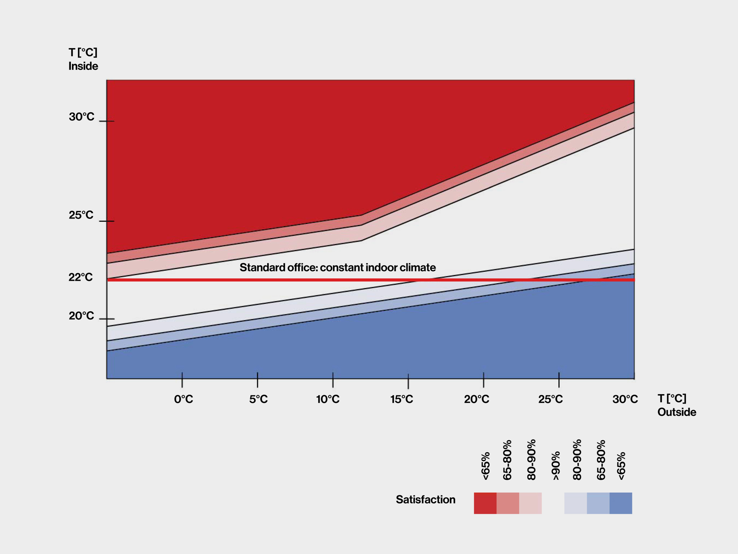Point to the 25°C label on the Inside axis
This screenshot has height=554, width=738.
tap(81, 215)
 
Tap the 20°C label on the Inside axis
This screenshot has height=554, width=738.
tap(81, 316)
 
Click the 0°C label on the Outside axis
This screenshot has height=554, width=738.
tap(184, 399)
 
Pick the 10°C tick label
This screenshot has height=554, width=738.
tap(328, 399)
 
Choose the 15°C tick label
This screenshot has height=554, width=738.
tap(402, 399)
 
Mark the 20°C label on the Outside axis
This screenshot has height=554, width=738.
tap(477, 399)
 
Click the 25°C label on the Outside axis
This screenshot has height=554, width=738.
tap(551, 399)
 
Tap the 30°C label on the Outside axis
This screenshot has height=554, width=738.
tap(625, 399)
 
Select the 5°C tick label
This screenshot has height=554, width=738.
tap(258, 399)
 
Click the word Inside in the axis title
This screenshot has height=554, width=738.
tap(83, 66)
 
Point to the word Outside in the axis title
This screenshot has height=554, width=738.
tap(676, 412)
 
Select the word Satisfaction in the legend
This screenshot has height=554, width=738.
tap(425, 500)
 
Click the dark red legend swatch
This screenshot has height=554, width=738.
tap(485, 503)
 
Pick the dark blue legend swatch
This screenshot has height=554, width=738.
tap(621, 503)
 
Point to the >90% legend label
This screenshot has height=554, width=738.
tap(555, 466)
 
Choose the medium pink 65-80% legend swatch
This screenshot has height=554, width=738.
tap(508, 503)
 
